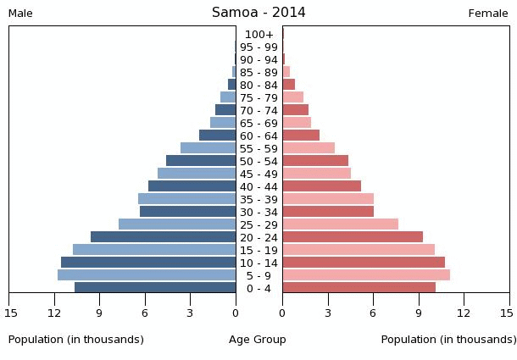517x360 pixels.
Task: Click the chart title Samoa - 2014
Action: pyautogui.click(x=258, y=13)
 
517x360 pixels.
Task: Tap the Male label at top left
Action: pyautogui.click(x=20, y=14)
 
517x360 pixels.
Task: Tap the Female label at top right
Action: pyautogui.click(x=487, y=14)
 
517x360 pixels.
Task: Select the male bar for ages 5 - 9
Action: pyautogui.click(x=147, y=275)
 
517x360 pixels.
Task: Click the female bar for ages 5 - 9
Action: pyautogui.click(x=366, y=275)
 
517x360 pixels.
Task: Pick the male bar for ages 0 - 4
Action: pyautogui.click(x=155, y=288)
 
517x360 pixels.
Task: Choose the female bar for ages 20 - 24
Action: pyautogui.click(x=353, y=237)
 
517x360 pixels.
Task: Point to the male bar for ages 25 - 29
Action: pyautogui.click(x=177, y=224)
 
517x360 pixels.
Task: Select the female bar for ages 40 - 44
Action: pyautogui.click(x=322, y=186)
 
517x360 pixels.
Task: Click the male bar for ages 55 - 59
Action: pyautogui.click(x=208, y=148)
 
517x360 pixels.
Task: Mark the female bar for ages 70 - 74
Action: pyautogui.click(x=296, y=110)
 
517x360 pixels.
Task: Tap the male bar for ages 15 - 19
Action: pyautogui.click(x=154, y=250)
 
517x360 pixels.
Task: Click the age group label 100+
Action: pyautogui.click(x=258, y=35)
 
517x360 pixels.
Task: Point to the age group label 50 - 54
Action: pyautogui.click(x=258, y=162)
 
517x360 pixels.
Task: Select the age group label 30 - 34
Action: pyautogui.click(x=258, y=213)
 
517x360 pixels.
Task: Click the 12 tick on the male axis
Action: pyautogui.click(x=55, y=313)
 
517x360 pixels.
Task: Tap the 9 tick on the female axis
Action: pyautogui.click(x=419, y=313)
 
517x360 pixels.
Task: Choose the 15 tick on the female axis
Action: pyautogui.click(x=506, y=313)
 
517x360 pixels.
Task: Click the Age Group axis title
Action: pyautogui.click(x=258, y=340)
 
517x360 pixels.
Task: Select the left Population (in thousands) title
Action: pyautogui.click(x=76, y=340)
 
